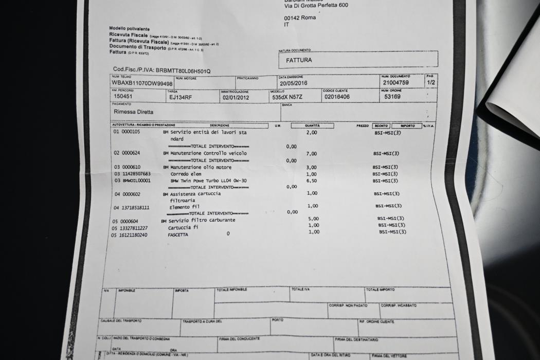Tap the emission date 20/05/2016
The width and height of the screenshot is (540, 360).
tap(293, 83)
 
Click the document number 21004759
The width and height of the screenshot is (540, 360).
tap(395, 82)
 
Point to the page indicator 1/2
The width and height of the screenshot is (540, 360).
tap(431, 82)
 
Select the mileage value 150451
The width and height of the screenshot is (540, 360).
tap(124, 96)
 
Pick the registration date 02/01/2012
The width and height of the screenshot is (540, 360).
tap(236, 97)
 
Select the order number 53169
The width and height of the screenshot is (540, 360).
tap(395, 96)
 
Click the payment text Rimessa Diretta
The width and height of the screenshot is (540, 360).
tap(133, 112)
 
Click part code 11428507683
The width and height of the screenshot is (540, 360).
tap(132, 174)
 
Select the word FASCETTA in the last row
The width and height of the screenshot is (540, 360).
tap(177, 235)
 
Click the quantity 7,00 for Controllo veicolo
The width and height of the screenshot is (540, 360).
tap(311, 153)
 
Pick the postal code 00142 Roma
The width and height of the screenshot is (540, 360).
tap(300, 17)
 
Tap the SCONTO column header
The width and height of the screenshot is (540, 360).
tap(381, 125)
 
